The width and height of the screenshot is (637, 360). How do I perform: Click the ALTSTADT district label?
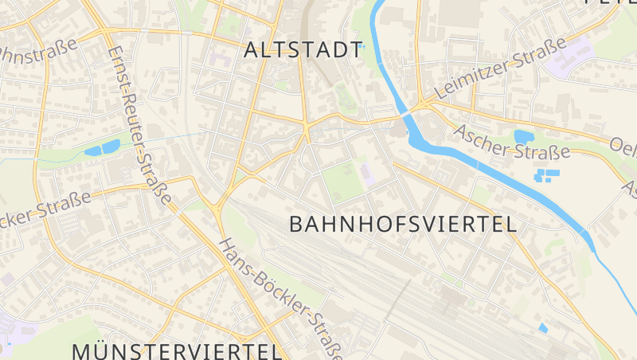click(303, 50)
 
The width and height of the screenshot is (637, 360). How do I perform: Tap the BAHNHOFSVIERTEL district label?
click(403, 225)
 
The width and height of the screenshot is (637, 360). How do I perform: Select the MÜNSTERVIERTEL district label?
click(177, 351)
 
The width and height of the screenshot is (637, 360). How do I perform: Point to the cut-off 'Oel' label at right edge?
click(623, 147)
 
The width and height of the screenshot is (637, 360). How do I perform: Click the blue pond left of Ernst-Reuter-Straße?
click(102, 148)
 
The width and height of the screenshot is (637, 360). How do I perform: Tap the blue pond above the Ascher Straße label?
click(524, 137)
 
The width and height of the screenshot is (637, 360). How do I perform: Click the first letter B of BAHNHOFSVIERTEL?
click(296, 225)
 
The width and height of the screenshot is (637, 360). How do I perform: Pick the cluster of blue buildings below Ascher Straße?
click(547, 174)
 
